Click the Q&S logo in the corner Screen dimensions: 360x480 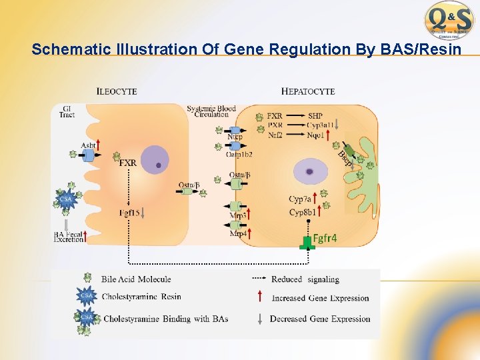449,20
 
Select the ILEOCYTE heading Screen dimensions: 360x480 117,91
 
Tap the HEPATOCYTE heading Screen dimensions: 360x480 308,91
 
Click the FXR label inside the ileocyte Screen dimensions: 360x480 127,162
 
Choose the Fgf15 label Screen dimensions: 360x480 131,213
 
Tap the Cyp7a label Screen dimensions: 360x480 300,199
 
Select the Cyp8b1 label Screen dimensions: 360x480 301,213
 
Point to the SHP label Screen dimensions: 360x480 315,116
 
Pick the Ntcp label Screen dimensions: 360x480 235,137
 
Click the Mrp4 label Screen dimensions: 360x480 237,234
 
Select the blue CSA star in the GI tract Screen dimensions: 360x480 65,198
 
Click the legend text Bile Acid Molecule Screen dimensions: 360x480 136,279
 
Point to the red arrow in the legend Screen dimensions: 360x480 259,298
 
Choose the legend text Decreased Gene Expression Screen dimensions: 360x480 320,319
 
